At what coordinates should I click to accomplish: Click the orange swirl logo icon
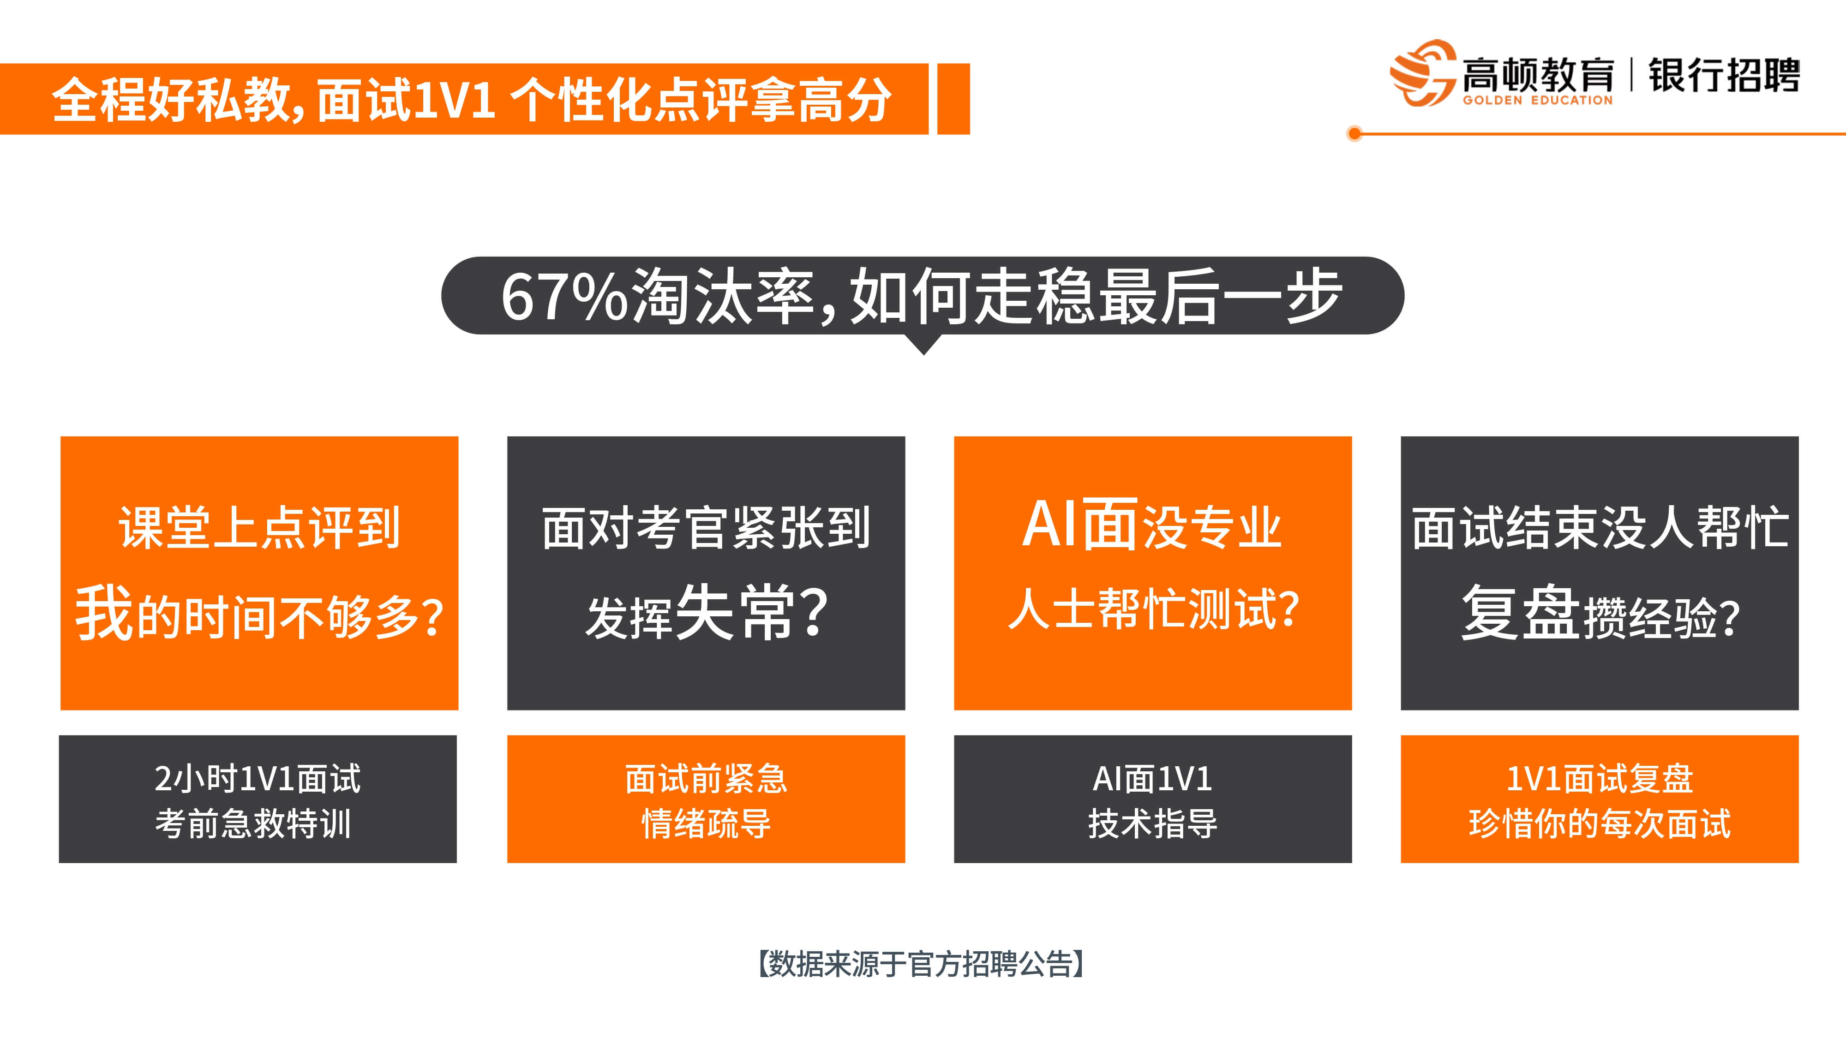[1422, 72]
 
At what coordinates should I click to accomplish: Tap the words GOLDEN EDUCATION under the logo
[1538, 100]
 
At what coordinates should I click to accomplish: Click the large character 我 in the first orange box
[104, 613]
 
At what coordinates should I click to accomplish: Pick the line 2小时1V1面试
[258, 779]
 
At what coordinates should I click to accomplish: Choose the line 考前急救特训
[253, 823]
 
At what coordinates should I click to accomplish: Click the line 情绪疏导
[706, 823]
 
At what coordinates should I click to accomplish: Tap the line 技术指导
[1152, 823]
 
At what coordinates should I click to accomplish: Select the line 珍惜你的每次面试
[1600, 823]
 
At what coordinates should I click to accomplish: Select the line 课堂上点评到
[259, 528]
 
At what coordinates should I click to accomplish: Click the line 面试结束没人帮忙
[1600, 528]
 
